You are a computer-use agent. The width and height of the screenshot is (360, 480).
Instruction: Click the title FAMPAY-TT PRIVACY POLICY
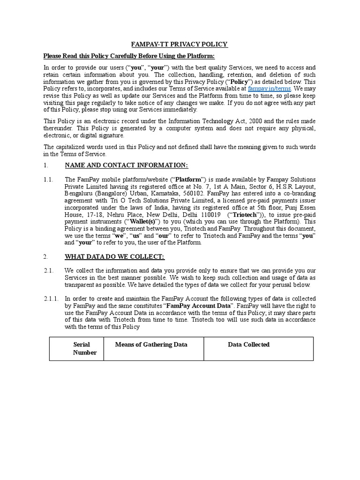tap(180, 44)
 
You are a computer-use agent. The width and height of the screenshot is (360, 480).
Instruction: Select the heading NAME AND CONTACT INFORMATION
tap(126, 165)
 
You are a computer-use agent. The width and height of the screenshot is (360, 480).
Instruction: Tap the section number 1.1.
tap(48, 180)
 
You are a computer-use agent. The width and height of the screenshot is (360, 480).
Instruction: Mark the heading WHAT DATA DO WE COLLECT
tap(114, 257)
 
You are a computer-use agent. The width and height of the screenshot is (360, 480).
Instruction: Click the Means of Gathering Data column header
tap(151, 345)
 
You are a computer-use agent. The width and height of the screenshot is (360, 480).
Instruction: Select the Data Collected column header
tap(248, 345)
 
